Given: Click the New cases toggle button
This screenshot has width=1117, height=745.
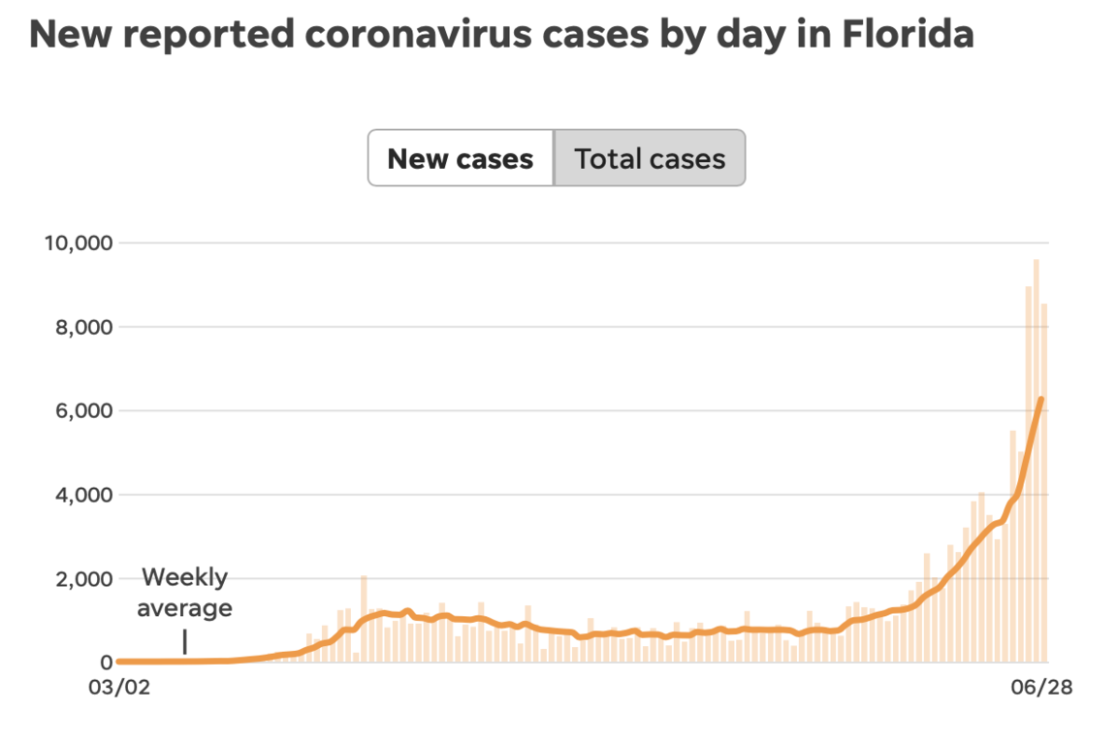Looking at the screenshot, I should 461,158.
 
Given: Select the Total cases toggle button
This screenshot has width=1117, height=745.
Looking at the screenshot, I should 650,158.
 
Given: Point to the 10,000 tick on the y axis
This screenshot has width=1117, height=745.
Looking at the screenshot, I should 79,243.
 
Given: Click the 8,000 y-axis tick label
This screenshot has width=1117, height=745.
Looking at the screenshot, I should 84,327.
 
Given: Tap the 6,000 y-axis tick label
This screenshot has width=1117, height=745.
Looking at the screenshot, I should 84,410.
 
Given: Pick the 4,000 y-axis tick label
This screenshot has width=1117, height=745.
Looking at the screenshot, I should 84,495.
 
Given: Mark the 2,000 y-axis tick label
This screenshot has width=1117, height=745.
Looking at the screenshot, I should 84,579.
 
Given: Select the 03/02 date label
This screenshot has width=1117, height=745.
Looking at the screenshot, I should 120,687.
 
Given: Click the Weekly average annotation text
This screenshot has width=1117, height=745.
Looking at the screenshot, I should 184,593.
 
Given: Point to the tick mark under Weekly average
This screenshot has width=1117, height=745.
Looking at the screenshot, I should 184,642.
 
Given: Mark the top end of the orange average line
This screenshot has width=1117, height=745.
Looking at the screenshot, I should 1040,399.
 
